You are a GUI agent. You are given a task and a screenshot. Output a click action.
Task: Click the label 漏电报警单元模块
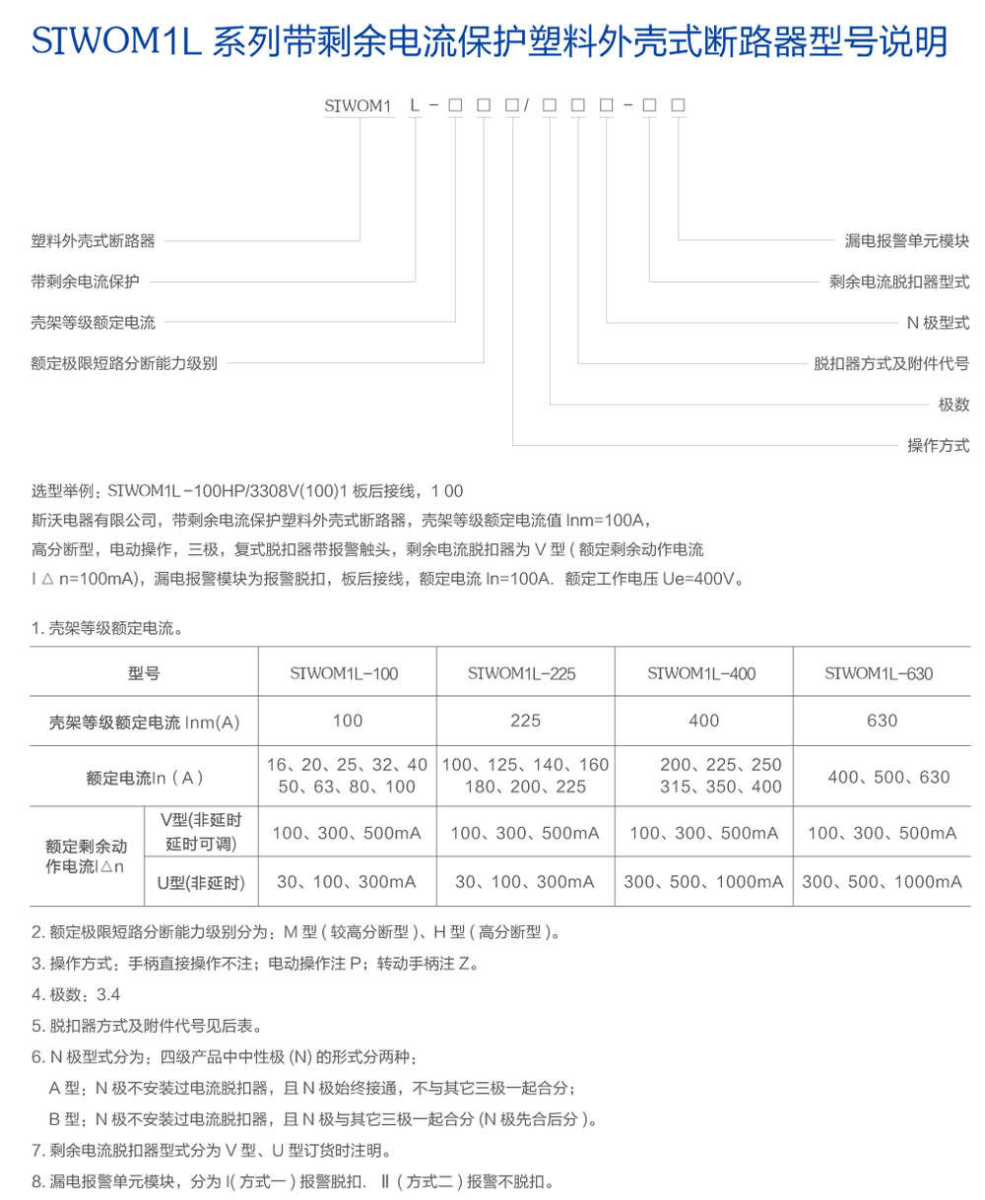[907, 240]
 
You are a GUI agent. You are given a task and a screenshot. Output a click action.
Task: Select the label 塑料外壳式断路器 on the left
[94, 240]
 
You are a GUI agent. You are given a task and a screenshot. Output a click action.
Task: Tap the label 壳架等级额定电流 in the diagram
[94, 322]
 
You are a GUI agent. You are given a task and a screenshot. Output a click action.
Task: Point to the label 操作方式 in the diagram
[938, 444]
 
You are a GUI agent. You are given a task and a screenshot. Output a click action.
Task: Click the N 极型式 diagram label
[938, 322]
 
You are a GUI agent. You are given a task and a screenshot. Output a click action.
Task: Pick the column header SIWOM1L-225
[524, 674]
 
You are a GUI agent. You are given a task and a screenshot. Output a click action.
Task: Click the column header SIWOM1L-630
[882, 674]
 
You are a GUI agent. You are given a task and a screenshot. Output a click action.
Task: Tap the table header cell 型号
[144, 674]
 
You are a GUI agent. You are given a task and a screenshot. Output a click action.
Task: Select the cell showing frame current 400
[703, 721]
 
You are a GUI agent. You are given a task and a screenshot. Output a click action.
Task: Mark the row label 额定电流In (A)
[144, 777]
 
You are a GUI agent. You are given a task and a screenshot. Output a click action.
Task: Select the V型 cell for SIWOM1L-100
[347, 833]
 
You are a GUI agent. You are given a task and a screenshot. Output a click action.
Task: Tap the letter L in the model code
[415, 103]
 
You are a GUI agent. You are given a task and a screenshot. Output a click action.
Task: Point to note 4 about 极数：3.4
[76, 995]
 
